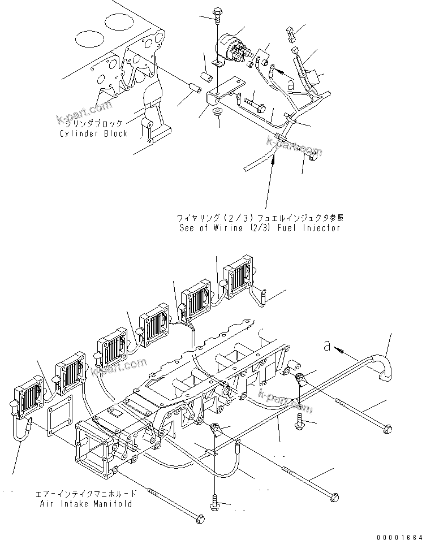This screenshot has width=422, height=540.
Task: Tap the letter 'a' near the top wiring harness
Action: tap(290, 84)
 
